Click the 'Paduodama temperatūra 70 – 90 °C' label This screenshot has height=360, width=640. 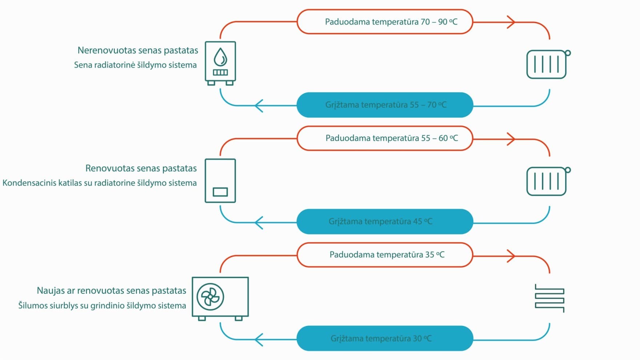[391, 22]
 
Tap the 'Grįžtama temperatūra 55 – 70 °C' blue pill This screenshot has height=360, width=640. [385, 105]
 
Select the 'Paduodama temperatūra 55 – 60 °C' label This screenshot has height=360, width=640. [392, 138]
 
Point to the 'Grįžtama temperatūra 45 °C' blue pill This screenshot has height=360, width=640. [385, 221]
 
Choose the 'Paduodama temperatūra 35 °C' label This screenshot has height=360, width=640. [387, 255]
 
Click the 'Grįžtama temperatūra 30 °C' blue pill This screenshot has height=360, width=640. [385, 338]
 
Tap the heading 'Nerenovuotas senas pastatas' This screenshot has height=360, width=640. [138, 50]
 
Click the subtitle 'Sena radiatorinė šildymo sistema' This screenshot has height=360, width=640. [135, 65]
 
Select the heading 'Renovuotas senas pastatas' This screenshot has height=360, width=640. [141, 168]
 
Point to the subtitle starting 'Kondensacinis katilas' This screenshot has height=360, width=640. [100, 183]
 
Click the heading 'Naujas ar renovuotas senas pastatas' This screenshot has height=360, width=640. [111, 291]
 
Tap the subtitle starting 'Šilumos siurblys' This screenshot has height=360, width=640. [102, 305]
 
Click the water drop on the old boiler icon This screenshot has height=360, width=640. [220, 57]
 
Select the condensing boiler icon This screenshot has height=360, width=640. [220, 181]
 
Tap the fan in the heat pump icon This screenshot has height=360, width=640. [210, 297]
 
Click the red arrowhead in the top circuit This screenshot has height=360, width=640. [511, 22]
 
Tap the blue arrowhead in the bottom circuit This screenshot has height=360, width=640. [259, 340]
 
